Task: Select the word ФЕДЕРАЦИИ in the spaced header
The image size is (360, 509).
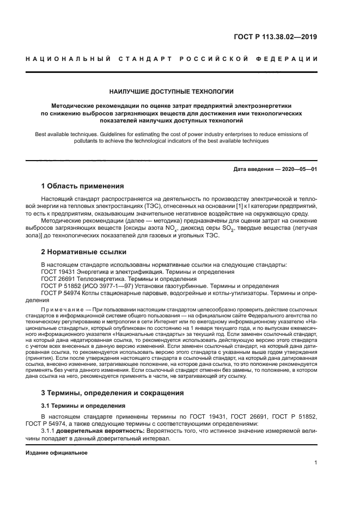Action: coord(290,59)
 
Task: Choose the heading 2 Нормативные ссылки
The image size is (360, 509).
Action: coord(84,252)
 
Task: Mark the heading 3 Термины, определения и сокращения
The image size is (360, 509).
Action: coord(113,393)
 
